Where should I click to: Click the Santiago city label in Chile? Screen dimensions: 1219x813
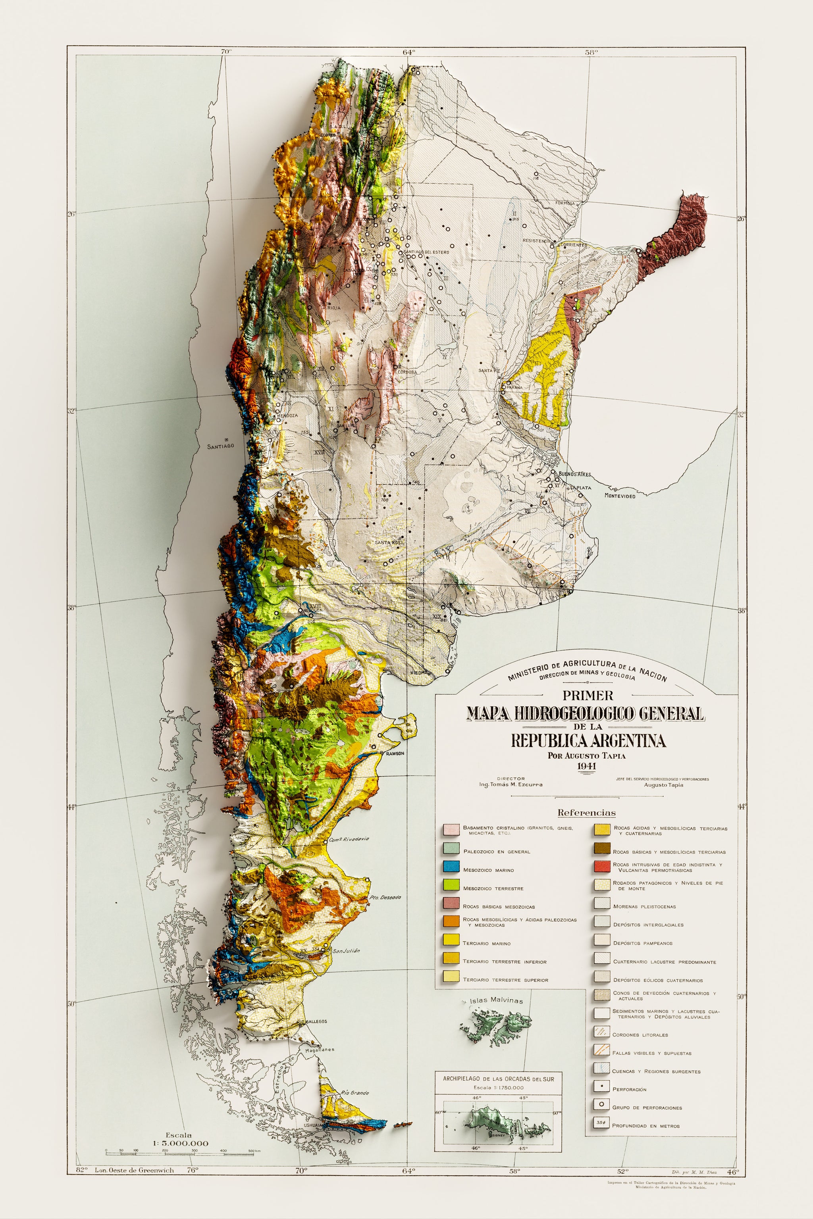pos(221,446)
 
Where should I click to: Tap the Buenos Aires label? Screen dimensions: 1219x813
pos(574,474)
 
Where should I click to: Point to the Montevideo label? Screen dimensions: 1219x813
pos(620,496)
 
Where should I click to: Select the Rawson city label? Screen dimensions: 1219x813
pos(395,754)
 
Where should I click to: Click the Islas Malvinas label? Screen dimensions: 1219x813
pos(496,1000)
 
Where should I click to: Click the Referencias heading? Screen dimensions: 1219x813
pos(586,813)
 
